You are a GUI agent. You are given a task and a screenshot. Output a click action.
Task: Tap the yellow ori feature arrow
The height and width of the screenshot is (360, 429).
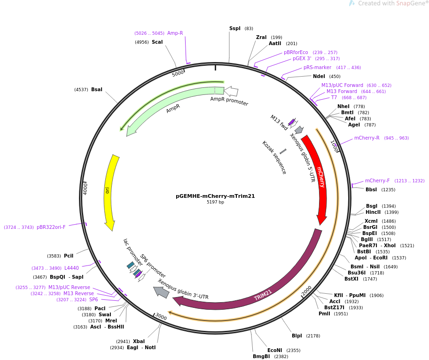click(x=109, y=191)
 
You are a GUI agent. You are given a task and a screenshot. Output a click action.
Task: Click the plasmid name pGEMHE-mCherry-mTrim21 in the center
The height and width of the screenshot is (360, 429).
click(x=215, y=196)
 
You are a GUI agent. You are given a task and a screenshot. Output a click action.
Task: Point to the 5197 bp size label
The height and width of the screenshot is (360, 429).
click(x=215, y=202)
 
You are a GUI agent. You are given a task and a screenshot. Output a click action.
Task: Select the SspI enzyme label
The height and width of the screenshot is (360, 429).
click(x=235, y=29)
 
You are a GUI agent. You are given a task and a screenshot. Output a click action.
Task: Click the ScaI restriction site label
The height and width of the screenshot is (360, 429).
click(x=157, y=42)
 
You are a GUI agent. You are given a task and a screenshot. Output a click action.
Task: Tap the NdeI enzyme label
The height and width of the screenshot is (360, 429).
click(x=319, y=76)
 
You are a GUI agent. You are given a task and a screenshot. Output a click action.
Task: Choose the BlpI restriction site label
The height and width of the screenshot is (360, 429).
click(x=297, y=336)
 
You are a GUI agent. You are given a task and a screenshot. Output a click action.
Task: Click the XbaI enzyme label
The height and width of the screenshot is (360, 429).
click(x=139, y=341)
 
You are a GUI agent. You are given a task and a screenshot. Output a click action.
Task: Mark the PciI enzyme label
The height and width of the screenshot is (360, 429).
click(x=69, y=256)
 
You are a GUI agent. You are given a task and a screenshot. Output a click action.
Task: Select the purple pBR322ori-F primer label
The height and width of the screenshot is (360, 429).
click(x=51, y=227)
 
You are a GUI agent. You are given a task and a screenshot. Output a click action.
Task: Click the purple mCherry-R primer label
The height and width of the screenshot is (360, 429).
click(x=367, y=138)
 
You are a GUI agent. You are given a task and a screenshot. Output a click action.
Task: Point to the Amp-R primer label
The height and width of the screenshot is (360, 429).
click(x=175, y=33)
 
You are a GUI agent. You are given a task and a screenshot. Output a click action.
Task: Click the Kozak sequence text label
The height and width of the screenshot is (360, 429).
click(x=274, y=157)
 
